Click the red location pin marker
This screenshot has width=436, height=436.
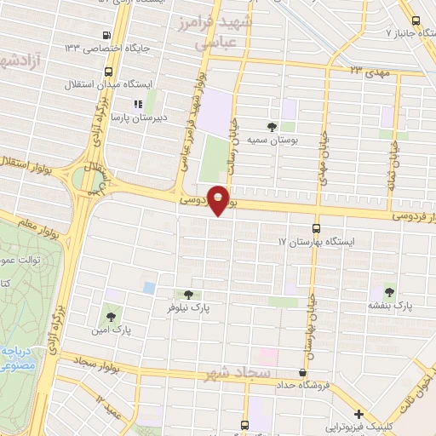[x=220, y=200]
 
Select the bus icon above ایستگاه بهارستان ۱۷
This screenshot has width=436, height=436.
[x=317, y=228]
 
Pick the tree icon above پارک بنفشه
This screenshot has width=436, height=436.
[x=390, y=290]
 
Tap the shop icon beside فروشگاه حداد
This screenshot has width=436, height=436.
[x=302, y=372]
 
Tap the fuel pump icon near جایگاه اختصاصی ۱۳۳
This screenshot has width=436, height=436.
[x=106, y=35]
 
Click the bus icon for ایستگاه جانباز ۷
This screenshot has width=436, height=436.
[x=416, y=21]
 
